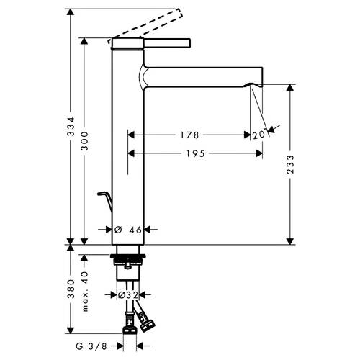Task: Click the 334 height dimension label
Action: point(71,127)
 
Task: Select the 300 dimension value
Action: point(84,141)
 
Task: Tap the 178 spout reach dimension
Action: point(189,135)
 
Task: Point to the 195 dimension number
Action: point(196,153)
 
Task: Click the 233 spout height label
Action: point(290,164)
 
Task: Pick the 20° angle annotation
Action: point(260,135)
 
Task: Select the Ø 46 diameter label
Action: point(128,230)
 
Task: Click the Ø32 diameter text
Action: point(128,295)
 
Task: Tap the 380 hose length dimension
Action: point(71,289)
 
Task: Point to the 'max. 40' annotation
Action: point(85,292)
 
